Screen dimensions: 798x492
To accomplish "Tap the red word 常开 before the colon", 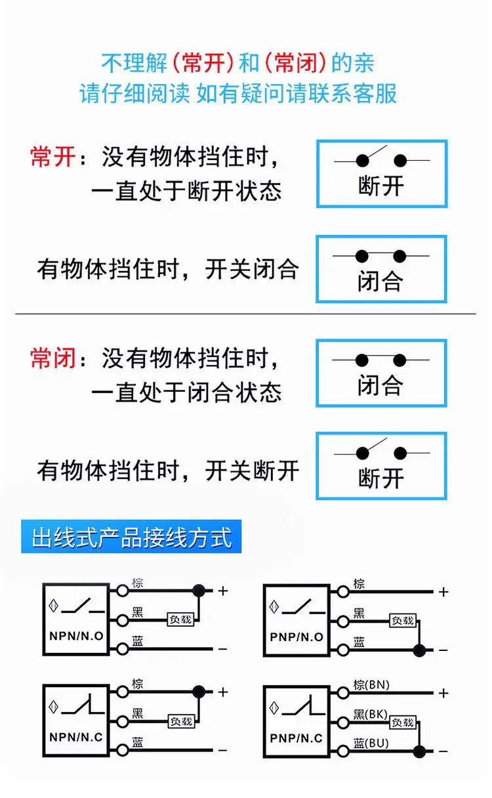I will coord(53,157).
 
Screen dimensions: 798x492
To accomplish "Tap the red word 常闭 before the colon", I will coord(53,358).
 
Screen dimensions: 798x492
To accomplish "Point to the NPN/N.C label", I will coord(76,737).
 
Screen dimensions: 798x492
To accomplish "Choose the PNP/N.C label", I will coord(297,738).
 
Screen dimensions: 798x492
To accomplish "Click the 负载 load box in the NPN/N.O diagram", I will coord(180,619).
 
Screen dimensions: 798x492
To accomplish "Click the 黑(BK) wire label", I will coord(371,714).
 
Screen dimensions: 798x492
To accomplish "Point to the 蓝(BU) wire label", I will coord(371,743).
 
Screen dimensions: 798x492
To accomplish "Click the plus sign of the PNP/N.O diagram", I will coord(444,592).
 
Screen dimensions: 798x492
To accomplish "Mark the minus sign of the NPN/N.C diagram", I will coord(222,749).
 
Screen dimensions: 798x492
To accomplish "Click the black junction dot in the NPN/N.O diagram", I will coord(198,590).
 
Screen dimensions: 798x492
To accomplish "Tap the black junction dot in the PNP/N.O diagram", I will coord(419,650).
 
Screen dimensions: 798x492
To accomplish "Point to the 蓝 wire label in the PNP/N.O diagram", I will coord(359,641).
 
